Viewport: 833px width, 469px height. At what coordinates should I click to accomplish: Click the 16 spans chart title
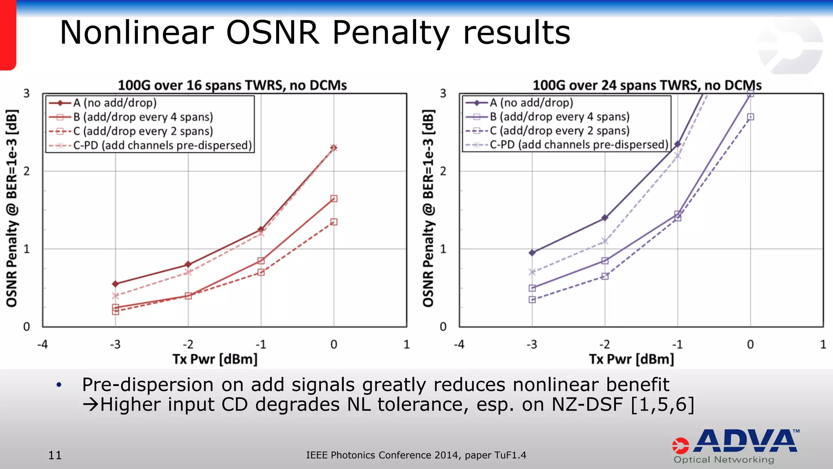232,85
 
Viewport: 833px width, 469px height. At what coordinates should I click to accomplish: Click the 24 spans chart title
647,85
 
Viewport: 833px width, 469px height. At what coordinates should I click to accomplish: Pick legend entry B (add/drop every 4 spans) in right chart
559,117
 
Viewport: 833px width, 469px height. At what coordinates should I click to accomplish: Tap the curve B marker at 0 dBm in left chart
334,199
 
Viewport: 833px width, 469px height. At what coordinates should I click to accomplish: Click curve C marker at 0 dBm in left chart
334,222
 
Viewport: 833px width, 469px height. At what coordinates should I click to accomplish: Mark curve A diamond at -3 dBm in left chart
116,284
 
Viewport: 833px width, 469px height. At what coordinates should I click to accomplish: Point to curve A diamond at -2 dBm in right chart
605,218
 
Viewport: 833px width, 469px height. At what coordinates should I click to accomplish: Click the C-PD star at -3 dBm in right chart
532,272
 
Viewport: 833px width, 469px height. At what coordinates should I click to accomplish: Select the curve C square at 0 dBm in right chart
751,117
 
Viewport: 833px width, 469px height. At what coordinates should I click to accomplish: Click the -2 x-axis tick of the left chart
188,344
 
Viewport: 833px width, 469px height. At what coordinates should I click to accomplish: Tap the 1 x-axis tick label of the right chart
823,344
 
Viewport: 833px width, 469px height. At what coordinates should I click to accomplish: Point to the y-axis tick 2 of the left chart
27,171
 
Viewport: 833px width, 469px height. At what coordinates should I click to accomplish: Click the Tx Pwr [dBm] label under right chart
631,359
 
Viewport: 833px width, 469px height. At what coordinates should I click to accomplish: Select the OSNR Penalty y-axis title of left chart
12,208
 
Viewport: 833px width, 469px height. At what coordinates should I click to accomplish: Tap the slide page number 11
55,455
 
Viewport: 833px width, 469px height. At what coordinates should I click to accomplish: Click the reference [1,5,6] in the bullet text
662,405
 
